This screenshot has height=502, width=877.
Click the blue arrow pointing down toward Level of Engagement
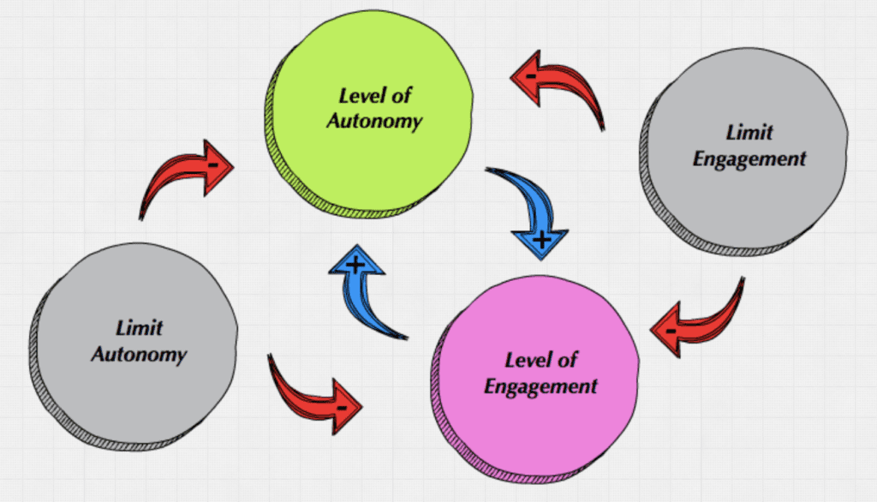pos(527,206)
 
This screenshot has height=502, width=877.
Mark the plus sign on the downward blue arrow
pos(540,241)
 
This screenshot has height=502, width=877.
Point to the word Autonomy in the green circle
pos(375,121)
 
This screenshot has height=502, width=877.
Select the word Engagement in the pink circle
pos(540,385)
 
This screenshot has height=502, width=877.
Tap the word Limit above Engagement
pos(749,132)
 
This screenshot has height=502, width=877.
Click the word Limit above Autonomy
pos(139,327)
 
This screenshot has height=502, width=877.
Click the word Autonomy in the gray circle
pos(139,354)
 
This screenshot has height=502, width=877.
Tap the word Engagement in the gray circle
pos(749,158)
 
